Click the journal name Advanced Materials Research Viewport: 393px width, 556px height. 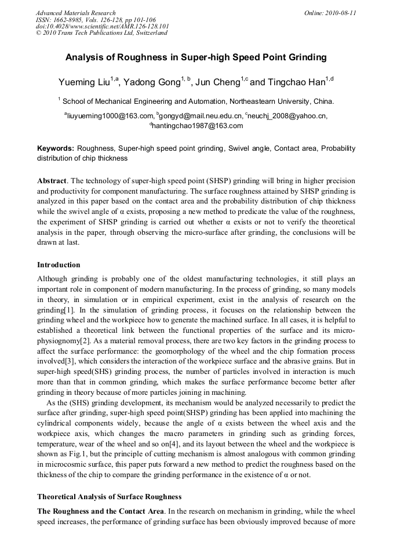[x=75, y=13]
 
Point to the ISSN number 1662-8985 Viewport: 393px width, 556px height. [x=72, y=20]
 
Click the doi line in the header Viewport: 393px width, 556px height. [x=103, y=26]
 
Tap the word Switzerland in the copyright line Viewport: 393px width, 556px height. [x=150, y=33]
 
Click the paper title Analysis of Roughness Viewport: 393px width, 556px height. [x=196, y=57]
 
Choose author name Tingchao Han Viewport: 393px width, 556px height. [x=295, y=82]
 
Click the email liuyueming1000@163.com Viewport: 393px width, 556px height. [x=111, y=116]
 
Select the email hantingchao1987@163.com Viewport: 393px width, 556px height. [x=198, y=125]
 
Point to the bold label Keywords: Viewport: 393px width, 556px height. [x=56, y=149]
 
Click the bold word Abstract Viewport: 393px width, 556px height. [x=52, y=181]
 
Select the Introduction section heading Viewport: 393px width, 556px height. [x=59, y=265]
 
